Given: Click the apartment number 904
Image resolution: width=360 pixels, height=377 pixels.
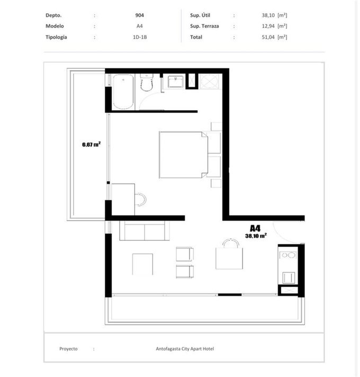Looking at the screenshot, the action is [x=139, y=15].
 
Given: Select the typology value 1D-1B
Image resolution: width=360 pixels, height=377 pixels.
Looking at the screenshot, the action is [x=140, y=37].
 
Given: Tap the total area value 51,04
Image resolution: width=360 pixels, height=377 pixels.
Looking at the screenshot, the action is [x=268, y=37].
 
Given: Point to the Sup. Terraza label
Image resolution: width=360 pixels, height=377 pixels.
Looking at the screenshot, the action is [x=204, y=26].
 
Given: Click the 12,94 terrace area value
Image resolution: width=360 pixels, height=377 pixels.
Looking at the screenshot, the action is [x=268, y=26].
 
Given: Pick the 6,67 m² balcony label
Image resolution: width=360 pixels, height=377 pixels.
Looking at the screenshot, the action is [x=91, y=144].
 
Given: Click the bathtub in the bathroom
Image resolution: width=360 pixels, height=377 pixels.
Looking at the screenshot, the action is [x=123, y=92].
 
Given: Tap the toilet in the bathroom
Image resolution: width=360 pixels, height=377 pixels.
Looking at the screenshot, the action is [x=146, y=82].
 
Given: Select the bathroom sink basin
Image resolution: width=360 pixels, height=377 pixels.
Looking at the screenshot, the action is [x=175, y=82].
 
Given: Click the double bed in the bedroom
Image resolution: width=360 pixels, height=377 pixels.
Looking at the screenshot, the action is [x=183, y=155].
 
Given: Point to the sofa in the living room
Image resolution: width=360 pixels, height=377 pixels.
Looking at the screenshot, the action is [x=145, y=231].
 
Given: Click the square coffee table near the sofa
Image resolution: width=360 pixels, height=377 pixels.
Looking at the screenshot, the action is [x=142, y=264].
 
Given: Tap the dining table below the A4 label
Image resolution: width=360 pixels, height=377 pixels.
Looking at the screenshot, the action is [x=229, y=258].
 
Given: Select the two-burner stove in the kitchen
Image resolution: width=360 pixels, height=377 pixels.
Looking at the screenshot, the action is [x=288, y=255].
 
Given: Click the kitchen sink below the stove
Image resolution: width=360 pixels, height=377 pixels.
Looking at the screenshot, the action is [x=289, y=278].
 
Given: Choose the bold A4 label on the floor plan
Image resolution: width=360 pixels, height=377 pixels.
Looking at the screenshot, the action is [x=255, y=228].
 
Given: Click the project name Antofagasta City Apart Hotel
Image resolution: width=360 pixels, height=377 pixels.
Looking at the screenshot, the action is [x=185, y=348].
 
